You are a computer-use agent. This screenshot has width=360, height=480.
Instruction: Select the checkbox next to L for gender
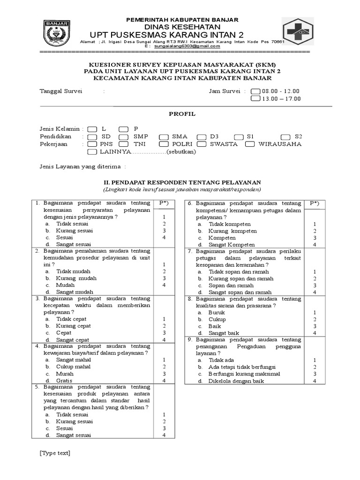(92, 129)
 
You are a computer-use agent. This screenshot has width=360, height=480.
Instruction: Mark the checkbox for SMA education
(164, 136)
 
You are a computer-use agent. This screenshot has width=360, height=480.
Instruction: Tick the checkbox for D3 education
(202, 136)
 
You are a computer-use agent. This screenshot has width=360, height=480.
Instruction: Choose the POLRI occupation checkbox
(164, 144)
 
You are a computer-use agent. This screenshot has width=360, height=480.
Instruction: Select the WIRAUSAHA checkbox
(250, 144)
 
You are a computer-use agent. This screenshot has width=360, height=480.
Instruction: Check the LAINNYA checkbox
(92, 152)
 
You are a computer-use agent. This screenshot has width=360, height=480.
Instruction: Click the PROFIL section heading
(182, 114)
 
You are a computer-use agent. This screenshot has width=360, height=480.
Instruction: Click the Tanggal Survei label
(61, 91)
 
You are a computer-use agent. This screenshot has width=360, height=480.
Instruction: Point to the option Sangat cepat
(73, 340)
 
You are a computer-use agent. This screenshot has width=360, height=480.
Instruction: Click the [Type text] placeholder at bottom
(55, 453)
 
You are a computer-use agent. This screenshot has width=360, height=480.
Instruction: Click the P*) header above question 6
(315, 203)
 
